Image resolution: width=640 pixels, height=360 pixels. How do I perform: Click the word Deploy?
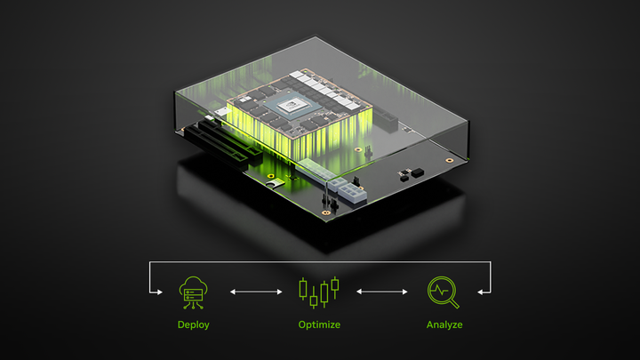coord(194,324)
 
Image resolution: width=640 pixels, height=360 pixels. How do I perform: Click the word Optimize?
coord(319,324)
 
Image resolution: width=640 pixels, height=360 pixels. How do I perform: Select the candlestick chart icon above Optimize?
coord(319,290)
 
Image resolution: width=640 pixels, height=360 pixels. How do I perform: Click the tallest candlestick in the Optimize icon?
coord(335,287)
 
